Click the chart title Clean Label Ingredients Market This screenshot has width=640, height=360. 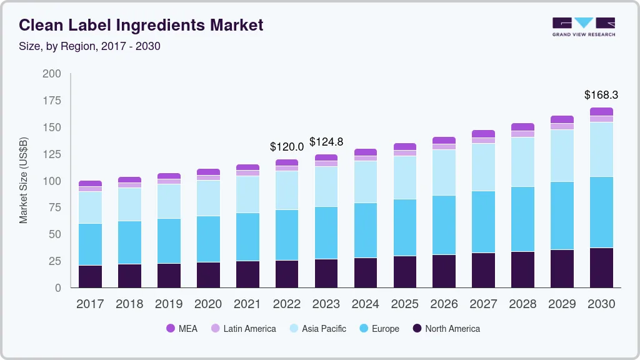tap(141, 25)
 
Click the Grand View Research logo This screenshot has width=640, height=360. tap(583, 27)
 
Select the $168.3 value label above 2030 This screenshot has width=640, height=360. tap(601, 95)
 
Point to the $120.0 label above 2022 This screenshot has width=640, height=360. tap(287, 147)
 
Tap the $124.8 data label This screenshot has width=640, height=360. tap(326, 142)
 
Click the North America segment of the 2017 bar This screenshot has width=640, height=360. tap(90, 276)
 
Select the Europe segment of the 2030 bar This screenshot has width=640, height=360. tap(601, 212)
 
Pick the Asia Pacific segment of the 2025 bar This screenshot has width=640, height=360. tap(405, 177)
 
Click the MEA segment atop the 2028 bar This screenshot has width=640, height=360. tap(522, 127)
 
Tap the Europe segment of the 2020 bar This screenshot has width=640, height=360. tap(208, 239)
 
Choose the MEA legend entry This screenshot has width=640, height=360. tap(182, 329)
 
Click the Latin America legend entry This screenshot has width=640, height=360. tap(243, 329)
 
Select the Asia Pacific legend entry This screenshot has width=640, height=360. tap(317, 329)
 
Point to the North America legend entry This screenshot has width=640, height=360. tap(446, 329)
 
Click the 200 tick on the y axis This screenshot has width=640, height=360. tap(52, 74)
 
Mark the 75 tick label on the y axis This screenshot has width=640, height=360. tap(55, 207)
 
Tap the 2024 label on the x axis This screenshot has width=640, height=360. tap(366, 304)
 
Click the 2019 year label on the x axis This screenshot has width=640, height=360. tap(169, 304)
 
